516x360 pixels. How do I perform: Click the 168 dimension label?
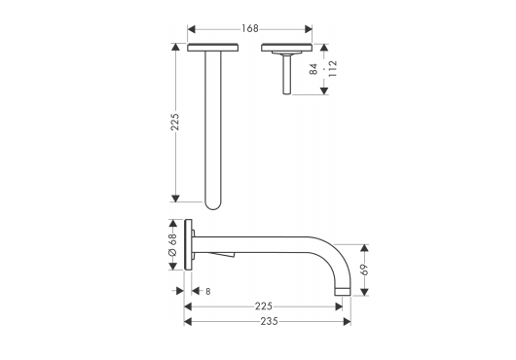tap(250, 29)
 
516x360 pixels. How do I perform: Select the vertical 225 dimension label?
tap(174, 122)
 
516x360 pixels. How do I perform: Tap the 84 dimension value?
tap(313, 69)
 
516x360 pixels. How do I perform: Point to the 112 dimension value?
tap(333, 68)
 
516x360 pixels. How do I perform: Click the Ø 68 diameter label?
tap(172, 244)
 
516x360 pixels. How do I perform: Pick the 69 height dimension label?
tap(364, 270)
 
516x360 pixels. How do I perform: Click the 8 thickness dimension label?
tap(208, 291)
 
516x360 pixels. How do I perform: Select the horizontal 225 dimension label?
tap(264, 306)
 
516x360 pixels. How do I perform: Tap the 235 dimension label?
tap(269, 321)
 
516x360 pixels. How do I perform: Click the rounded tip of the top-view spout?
tap(212, 206)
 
